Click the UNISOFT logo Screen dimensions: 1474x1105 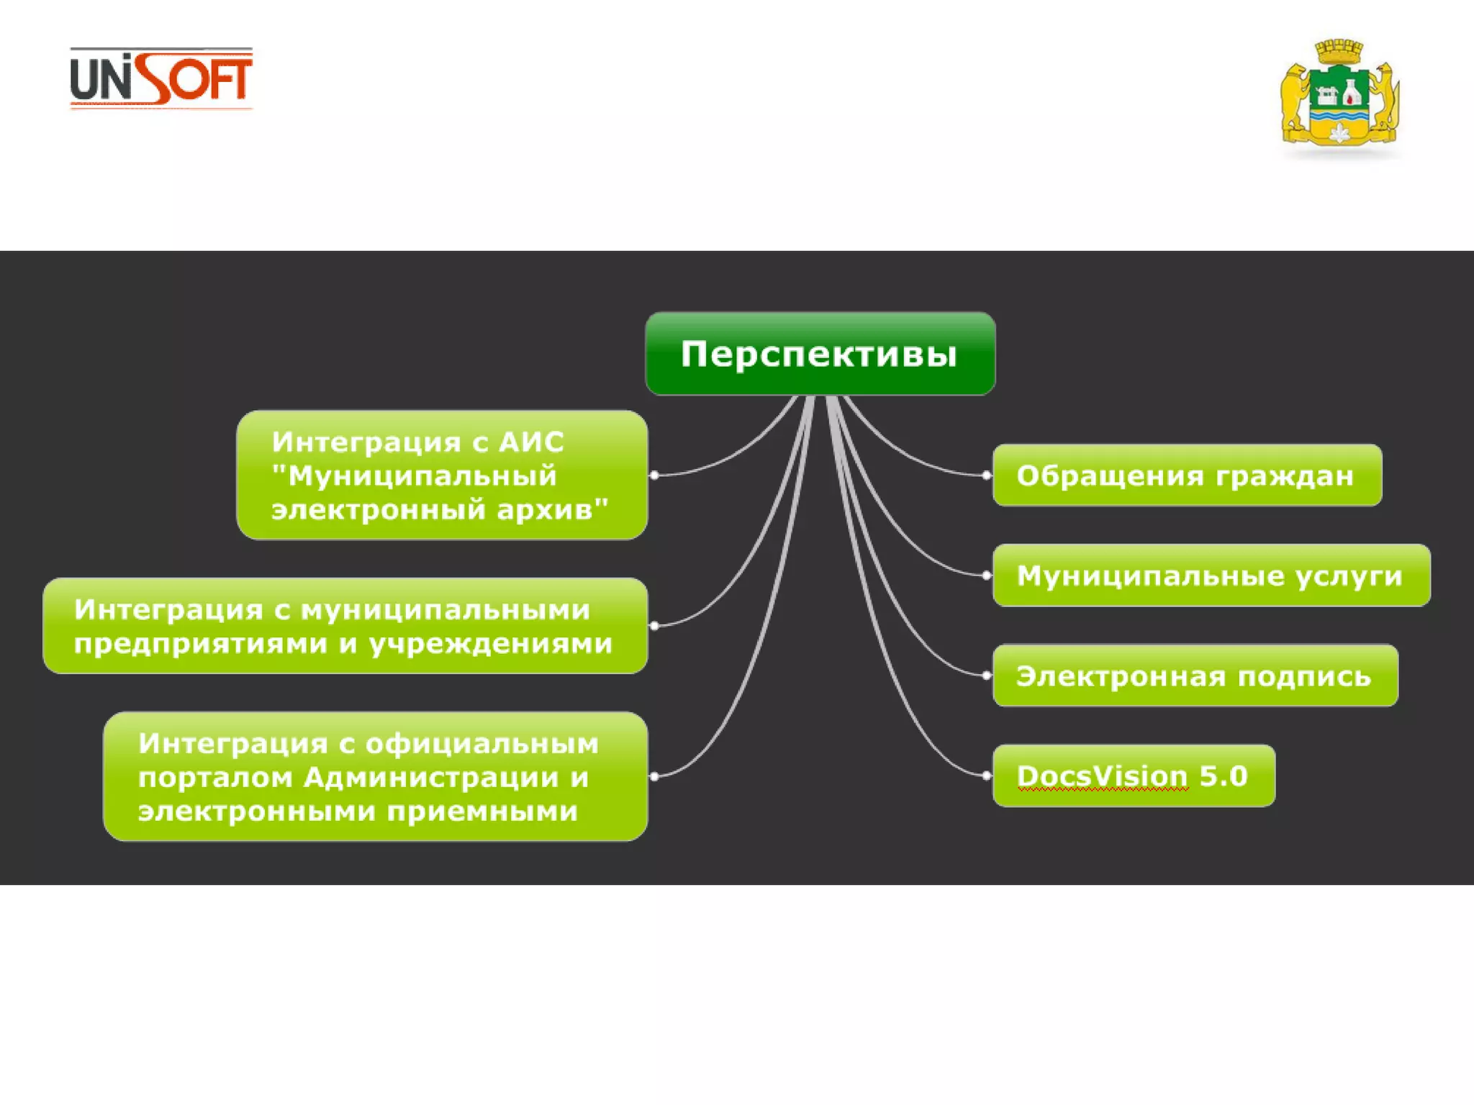point(161,78)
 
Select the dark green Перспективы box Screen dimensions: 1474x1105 point(820,354)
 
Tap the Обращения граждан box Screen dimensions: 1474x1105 point(1187,476)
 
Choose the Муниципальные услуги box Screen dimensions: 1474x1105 point(1211,576)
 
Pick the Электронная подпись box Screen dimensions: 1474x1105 point(1195,676)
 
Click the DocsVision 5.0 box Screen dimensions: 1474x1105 point(1134,776)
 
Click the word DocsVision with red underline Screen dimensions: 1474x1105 point(1102,776)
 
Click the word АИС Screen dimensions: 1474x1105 point(531,442)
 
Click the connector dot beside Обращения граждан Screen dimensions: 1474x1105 point(987,476)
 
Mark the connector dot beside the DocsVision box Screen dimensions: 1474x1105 point(987,776)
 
